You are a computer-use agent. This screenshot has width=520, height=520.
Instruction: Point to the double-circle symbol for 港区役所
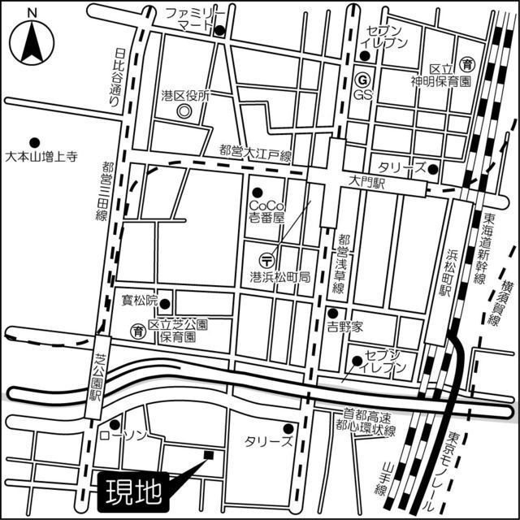tap(184, 110)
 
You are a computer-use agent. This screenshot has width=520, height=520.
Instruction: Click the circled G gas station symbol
tap(362, 80)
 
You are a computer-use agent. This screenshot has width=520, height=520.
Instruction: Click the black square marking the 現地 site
tap(209, 454)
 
